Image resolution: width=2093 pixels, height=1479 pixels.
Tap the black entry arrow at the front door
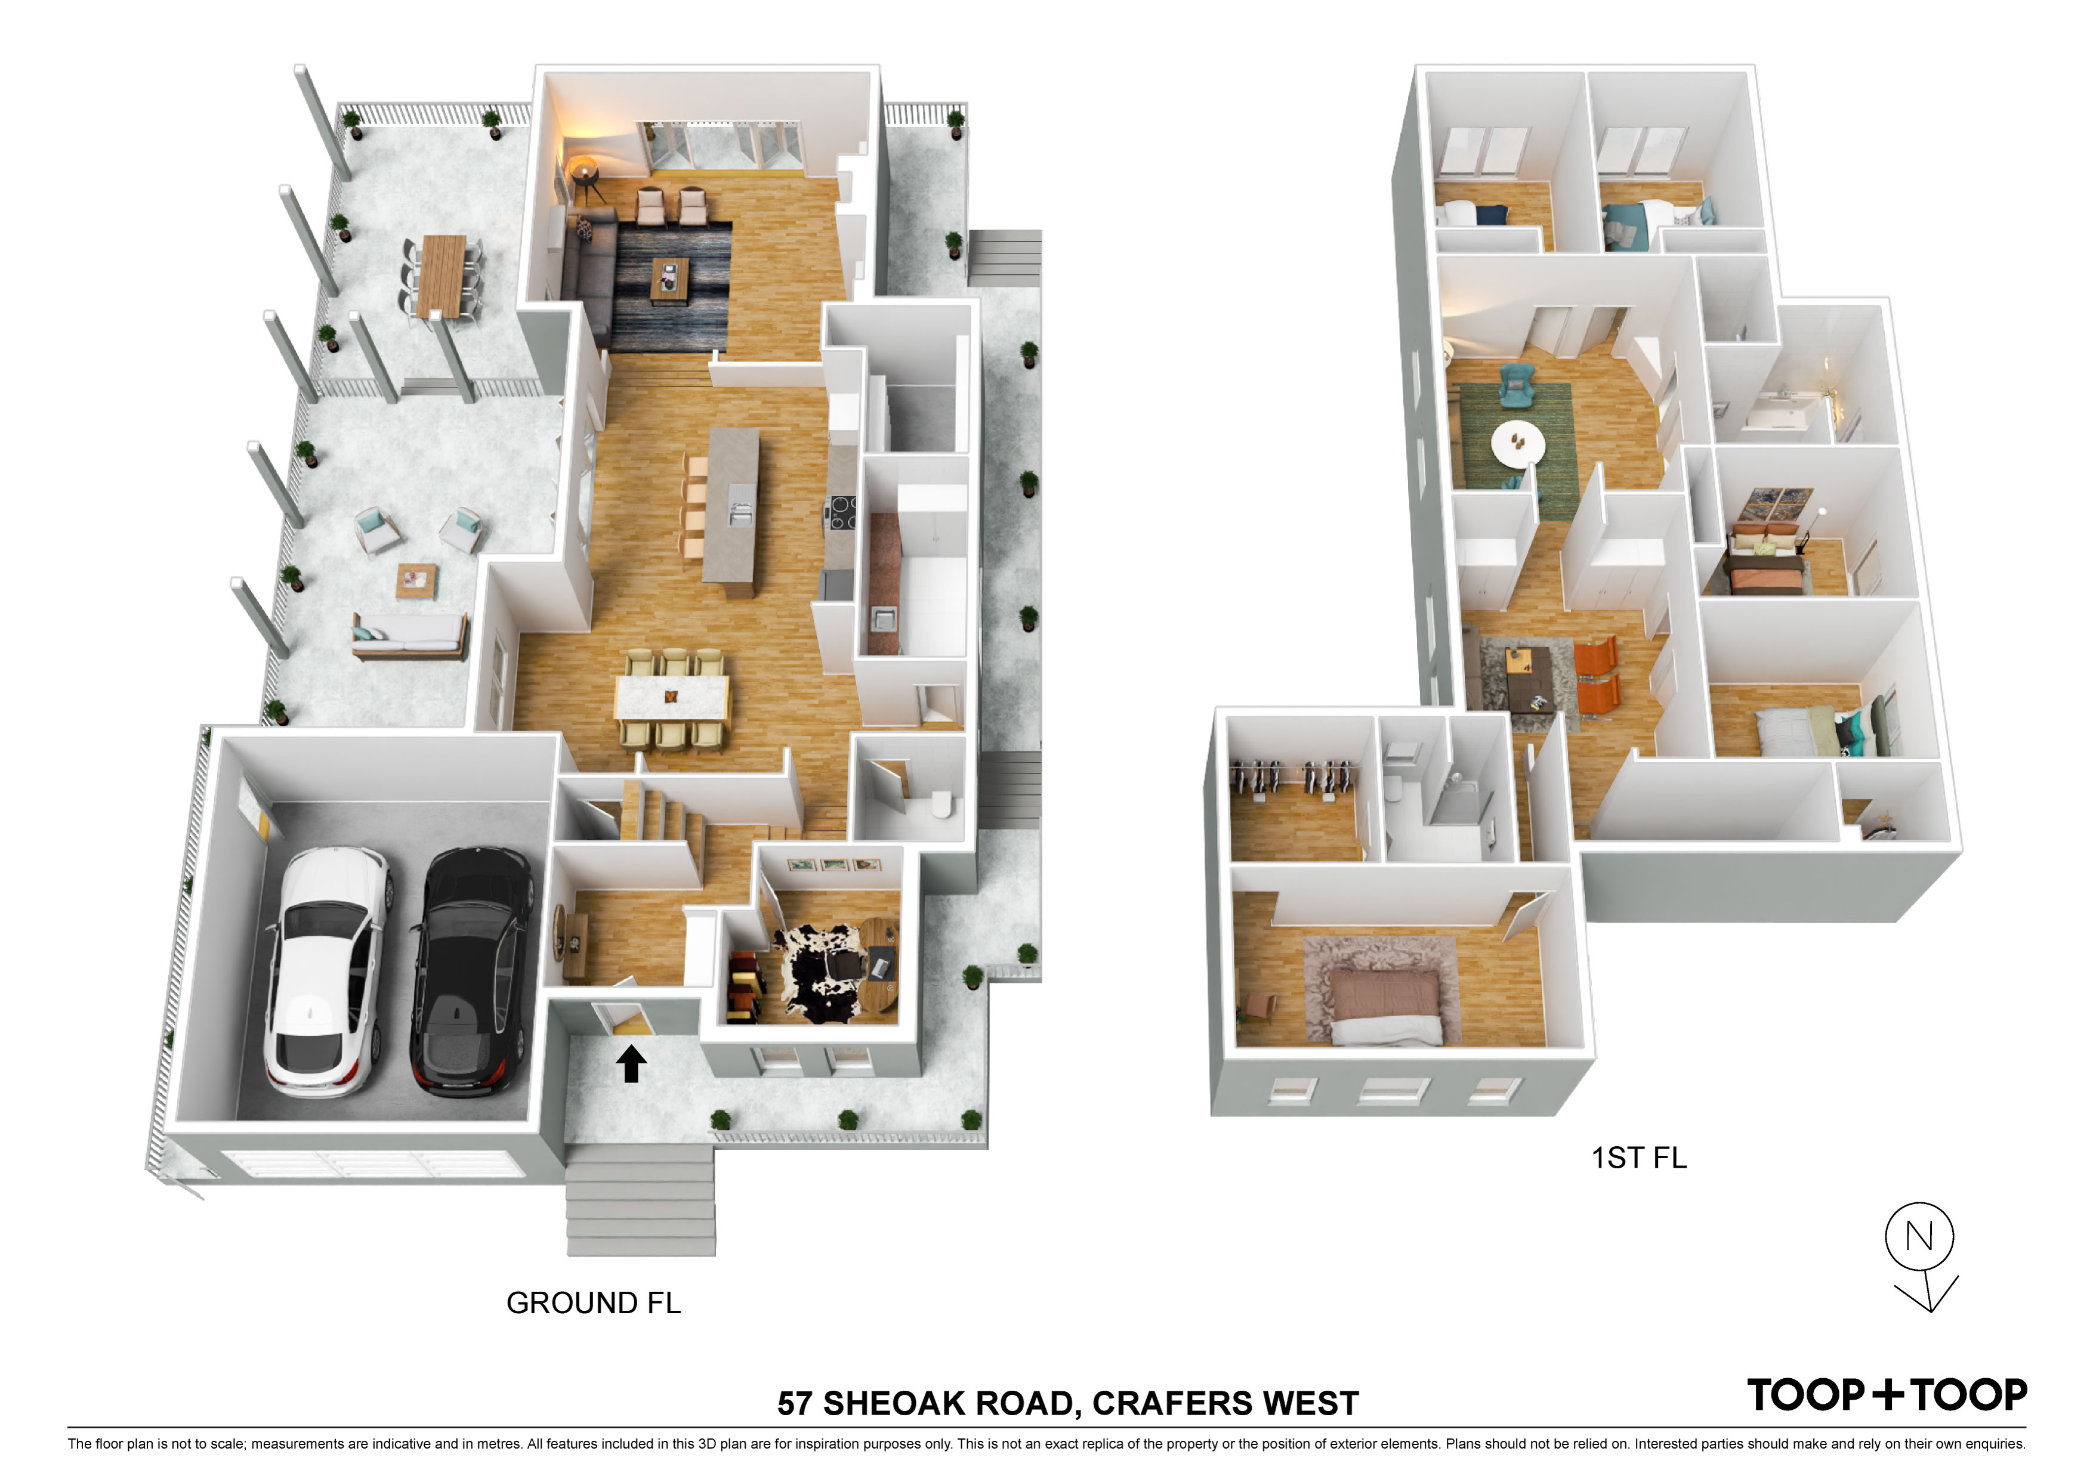tap(631, 1063)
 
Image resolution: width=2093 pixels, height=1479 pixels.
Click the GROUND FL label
tap(594, 1303)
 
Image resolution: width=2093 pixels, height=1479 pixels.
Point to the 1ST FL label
tap(1639, 1158)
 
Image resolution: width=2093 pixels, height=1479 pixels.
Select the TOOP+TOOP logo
tap(1887, 1395)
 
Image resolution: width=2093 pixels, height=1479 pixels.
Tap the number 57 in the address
tap(795, 1403)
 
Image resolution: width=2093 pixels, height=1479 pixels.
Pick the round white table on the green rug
tap(1518, 444)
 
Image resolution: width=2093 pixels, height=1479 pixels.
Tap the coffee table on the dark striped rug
tap(670, 278)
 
